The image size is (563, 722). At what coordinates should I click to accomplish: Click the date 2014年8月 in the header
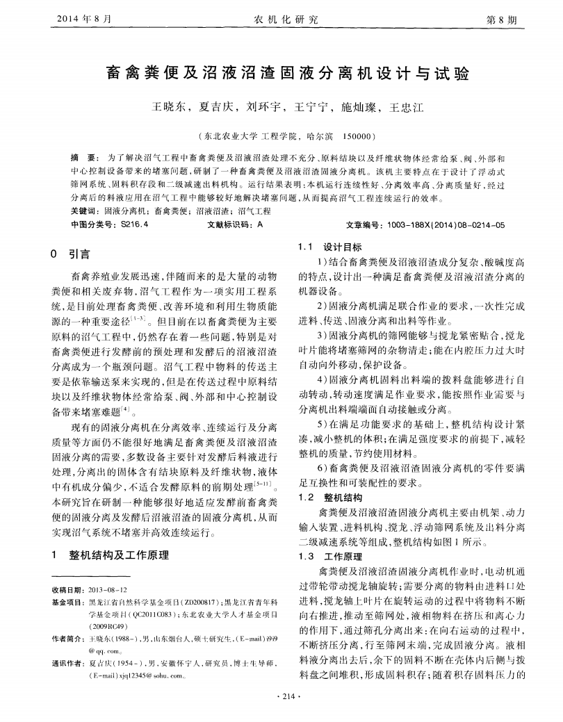82,19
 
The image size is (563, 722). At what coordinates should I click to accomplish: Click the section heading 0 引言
74,254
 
